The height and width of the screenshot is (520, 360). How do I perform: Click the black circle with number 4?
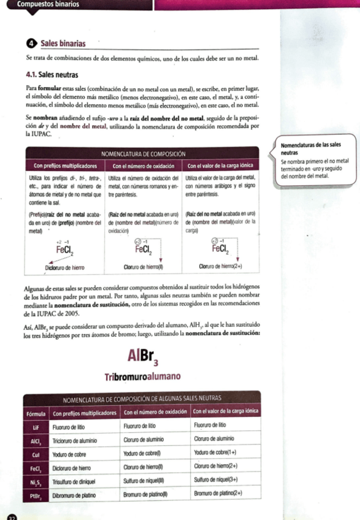(x=32, y=44)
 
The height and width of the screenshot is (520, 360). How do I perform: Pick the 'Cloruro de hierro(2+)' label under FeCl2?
(x=221, y=268)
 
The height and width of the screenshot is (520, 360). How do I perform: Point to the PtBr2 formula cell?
(x=37, y=494)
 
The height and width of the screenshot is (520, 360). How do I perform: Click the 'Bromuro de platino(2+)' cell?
(x=218, y=494)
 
